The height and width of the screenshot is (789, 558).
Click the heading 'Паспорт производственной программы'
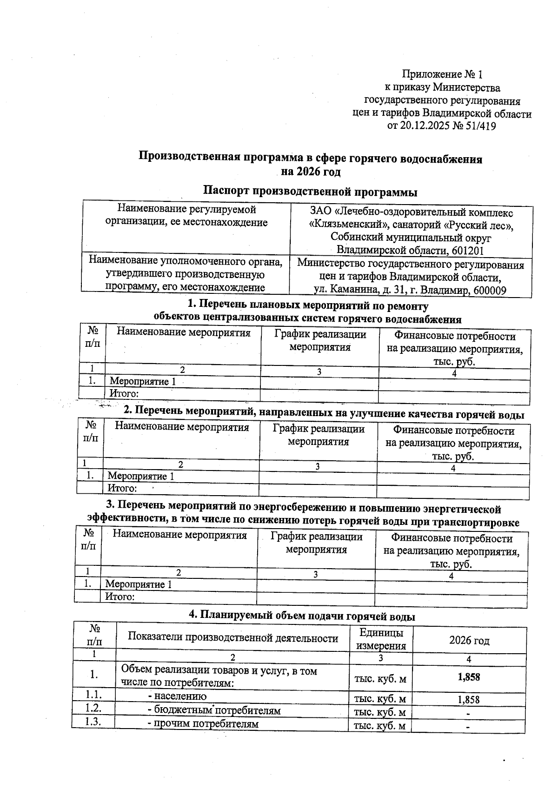click(310, 191)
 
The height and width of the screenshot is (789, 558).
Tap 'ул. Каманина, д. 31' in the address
click(361, 291)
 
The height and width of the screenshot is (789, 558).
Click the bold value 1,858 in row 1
click(469, 677)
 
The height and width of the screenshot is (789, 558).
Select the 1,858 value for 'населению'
click(469, 699)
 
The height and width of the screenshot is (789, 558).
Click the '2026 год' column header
click(469, 641)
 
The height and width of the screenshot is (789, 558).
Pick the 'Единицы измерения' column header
click(381, 639)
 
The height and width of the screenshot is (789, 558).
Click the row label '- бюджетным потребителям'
click(214, 710)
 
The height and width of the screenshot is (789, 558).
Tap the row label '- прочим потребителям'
click(203, 724)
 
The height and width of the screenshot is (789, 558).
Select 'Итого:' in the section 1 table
click(124, 394)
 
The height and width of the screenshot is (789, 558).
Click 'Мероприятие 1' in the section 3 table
click(139, 584)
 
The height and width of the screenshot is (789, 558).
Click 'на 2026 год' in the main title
click(310, 172)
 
